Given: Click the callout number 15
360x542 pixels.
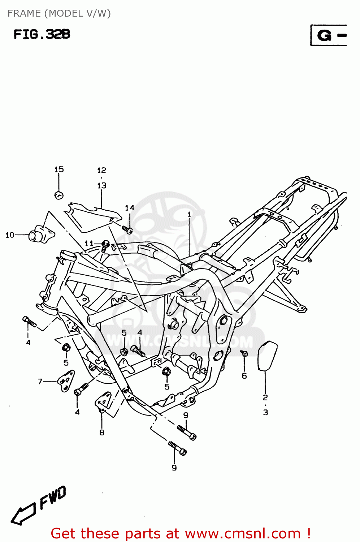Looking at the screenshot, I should tap(59, 169).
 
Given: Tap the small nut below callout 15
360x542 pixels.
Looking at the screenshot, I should tap(58, 195).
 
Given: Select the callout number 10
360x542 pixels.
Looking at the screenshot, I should tap(10, 235).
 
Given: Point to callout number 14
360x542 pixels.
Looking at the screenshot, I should tap(129, 208).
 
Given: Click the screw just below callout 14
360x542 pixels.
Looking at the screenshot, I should tap(127, 229).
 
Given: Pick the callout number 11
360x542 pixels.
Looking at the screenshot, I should tap(89, 244).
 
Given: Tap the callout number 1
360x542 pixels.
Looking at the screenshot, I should tap(189, 215).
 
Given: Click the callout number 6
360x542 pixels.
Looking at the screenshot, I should tap(244, 376).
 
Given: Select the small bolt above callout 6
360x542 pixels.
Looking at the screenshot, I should tap(244, 353).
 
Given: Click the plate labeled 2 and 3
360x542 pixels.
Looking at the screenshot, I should tap(267, 356).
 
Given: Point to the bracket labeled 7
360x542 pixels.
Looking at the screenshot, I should tap(66, 380).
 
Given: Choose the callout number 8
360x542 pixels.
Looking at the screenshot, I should tap(102, 433).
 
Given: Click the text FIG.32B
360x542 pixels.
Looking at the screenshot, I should tap(42, 34).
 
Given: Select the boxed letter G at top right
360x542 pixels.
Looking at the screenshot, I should tap(324, 35).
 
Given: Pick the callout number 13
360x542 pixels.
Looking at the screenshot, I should tap(102, 185).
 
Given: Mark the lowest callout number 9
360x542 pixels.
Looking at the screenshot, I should tap(174, 468).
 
